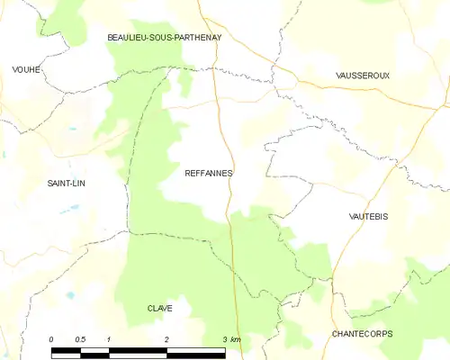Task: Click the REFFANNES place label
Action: (x=208, y=172)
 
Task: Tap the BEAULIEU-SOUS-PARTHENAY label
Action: (x=164, y=37)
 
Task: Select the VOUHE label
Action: (x=27, y=69)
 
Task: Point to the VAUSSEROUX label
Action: (x=362, y=76)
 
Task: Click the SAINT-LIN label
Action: (x=72, y=183)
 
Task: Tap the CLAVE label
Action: (x=160, y=308)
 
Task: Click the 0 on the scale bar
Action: (x=51, y=338)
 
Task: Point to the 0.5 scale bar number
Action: (x=80, y=338)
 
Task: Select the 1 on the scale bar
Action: (x=108, y=338)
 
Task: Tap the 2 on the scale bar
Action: (x=166, y=338)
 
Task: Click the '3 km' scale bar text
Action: (x=231, y=338)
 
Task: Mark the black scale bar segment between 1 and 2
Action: (x=138, y=350)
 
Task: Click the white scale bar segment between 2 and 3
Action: (x=196, y=350)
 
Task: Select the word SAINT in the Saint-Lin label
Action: (x=62, y=183)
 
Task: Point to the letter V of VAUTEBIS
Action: (x=350, y=217)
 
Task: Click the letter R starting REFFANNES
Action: (x=186, y=172)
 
